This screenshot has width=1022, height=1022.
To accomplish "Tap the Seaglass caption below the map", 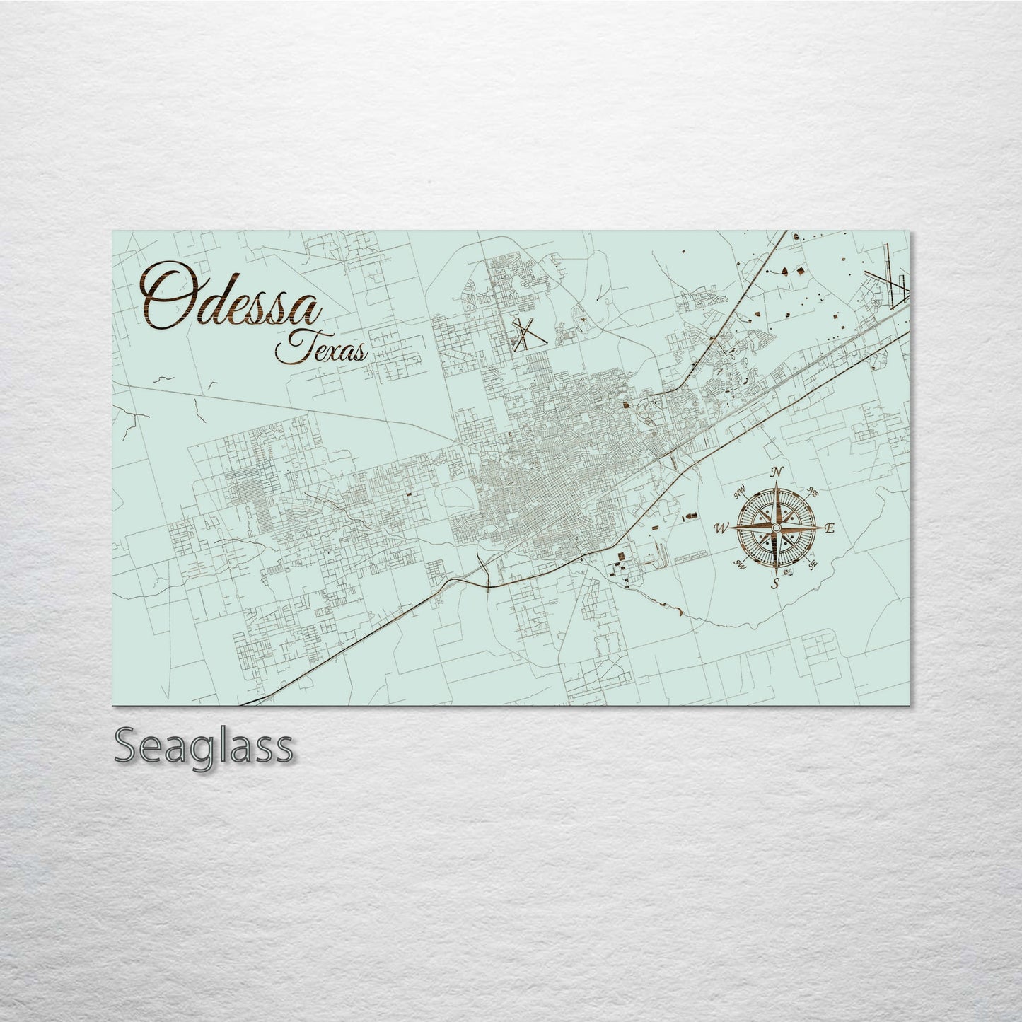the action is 203,746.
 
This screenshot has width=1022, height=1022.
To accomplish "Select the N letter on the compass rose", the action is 777,472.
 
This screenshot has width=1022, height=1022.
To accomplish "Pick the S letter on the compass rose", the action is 776,584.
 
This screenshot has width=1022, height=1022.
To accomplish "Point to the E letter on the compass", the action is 830,528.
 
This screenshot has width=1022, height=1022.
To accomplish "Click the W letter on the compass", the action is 722,528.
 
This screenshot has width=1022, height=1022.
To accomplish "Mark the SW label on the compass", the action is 741,564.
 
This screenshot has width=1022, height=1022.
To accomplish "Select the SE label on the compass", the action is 813,564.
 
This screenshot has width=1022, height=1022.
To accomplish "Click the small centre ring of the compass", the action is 776,528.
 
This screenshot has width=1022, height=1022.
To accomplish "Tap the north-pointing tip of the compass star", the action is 777,482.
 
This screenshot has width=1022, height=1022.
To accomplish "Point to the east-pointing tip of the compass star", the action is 823,528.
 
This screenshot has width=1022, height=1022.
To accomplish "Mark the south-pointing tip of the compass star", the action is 776,574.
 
